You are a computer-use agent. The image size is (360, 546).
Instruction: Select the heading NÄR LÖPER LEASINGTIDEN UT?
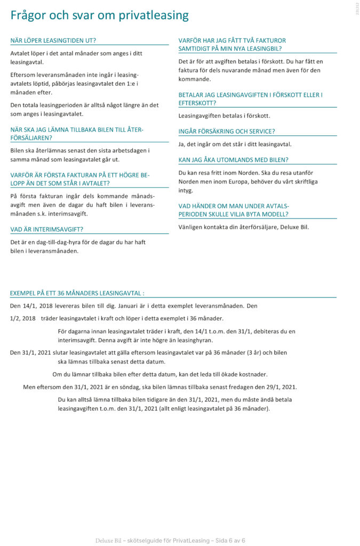pyautogui.click(x=53, y=41)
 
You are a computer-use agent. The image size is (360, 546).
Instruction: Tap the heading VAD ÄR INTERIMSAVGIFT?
pyautogui.click(x=47, y=229)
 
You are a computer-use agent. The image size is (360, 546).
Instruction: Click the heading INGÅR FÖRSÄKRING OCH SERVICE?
pyautogui.click(x=227, y=131)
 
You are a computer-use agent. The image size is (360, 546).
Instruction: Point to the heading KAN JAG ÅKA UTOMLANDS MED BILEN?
pyautogui.click(x=233, y=159)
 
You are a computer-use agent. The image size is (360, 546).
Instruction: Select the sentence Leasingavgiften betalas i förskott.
pyautogui.click(x=224, y=115)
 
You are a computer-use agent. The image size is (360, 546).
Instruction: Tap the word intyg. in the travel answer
pyautogui.click(x=186, y=190)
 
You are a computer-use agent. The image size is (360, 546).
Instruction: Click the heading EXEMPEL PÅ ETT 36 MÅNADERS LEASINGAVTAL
pyautogui.click(x=77, y=293)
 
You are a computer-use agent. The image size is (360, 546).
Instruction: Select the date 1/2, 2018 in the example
pyautogui.click(x=22, y=318)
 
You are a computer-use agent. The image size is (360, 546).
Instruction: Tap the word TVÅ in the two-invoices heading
pyautogui.click(x=253, y=41)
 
